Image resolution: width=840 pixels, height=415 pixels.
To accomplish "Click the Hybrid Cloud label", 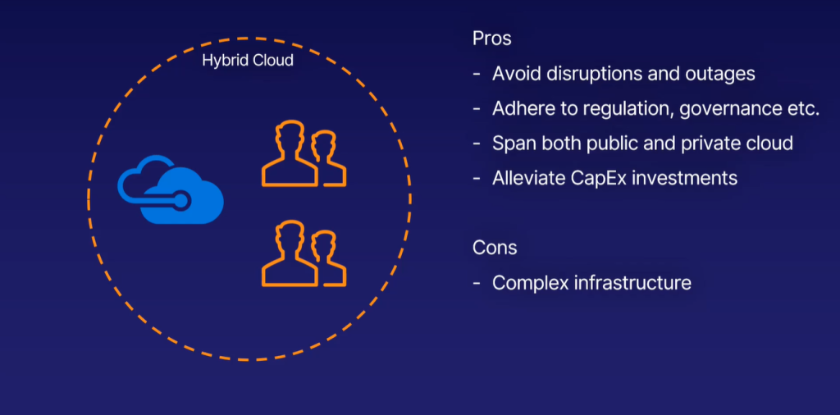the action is coord(248,60).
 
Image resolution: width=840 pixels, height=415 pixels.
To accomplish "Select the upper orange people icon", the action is coord(304,154).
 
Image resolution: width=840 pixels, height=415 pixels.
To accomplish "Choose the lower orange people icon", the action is coord(304,253).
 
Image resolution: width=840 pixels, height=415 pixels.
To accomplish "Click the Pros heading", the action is coord(492,39).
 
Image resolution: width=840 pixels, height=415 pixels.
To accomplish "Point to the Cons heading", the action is coord(495,248).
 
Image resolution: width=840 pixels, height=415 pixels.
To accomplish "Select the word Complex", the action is coord(531,283).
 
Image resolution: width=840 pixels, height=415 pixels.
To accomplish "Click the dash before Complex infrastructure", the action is coord(477,283).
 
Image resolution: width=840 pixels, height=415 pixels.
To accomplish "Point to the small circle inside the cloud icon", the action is coord(182,200).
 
